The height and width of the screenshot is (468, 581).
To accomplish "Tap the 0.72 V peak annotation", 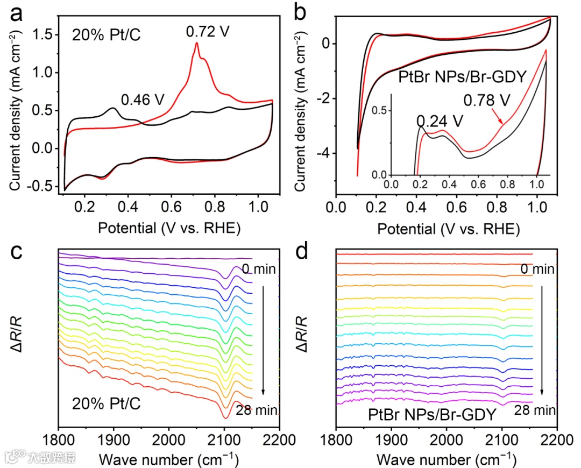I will click(x=208, y=31).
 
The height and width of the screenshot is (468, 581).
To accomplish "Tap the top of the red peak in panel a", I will click(x=197, y=43).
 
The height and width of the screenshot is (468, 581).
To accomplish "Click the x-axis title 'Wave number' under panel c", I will click(x=145, y=459).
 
